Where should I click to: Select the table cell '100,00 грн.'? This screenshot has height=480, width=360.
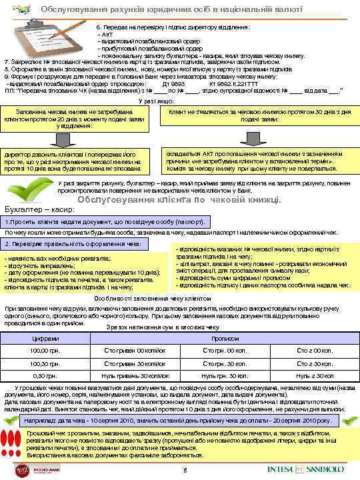tap(45, 351)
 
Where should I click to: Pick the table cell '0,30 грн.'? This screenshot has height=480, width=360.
tap(45, 375)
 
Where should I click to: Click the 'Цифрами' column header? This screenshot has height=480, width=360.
tap(45, 339)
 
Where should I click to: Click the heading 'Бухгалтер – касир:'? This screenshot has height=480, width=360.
tap(33, 208)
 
